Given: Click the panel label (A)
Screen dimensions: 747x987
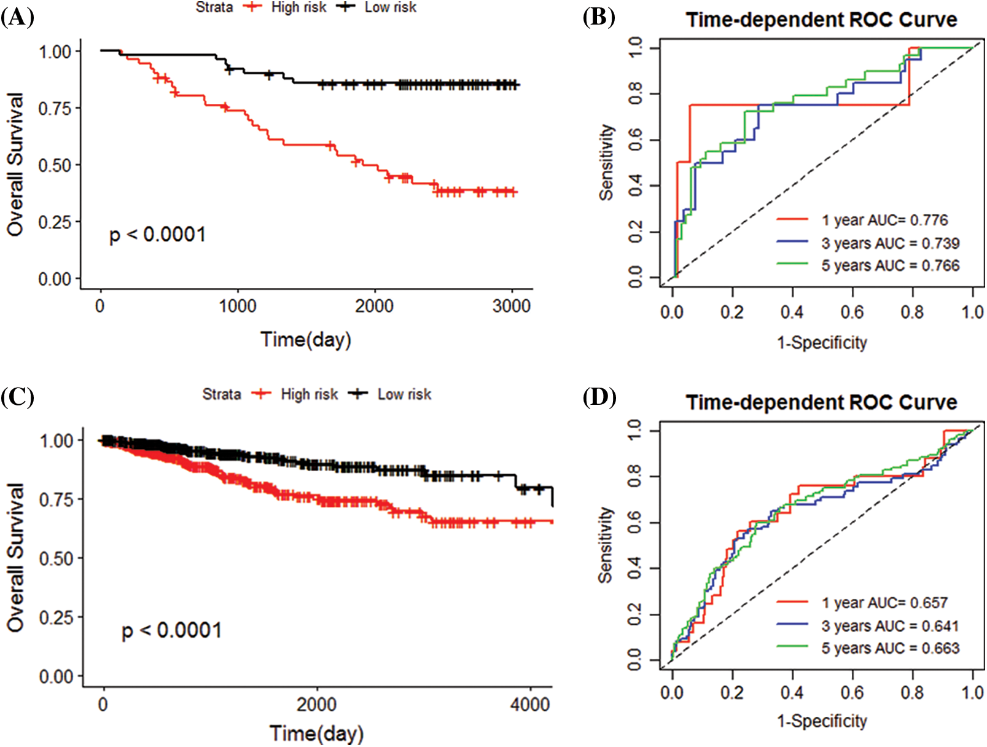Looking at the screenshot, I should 17,17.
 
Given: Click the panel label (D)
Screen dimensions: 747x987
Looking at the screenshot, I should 599,397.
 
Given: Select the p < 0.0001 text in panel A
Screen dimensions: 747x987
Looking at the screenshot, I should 158,235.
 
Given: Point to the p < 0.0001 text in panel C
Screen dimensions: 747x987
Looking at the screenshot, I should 171,630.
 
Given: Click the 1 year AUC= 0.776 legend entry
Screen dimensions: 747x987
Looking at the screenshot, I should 884,220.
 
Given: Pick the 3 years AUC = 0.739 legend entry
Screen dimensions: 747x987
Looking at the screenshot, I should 890,243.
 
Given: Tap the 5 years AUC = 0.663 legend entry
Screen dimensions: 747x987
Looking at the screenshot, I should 890,648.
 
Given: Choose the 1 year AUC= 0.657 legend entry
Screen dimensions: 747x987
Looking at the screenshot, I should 884,603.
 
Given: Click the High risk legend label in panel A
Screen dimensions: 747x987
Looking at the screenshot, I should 298,7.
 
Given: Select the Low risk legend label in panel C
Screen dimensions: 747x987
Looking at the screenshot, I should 404,394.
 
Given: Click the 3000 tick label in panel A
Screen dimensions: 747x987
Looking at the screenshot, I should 511,306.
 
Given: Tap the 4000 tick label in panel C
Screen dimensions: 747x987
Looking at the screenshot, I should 529,703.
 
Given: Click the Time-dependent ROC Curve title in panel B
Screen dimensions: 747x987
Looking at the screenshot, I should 821,20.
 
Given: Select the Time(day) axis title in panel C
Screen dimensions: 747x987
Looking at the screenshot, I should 316,733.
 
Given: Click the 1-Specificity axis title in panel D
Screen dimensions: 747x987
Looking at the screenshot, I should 822,721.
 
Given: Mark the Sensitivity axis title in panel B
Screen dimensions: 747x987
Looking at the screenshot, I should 607,162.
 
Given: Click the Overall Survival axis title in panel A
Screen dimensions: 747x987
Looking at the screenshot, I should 15,165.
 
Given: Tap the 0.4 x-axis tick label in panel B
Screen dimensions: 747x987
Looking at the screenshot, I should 792,312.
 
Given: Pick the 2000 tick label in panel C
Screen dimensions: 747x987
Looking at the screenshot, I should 316,703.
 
